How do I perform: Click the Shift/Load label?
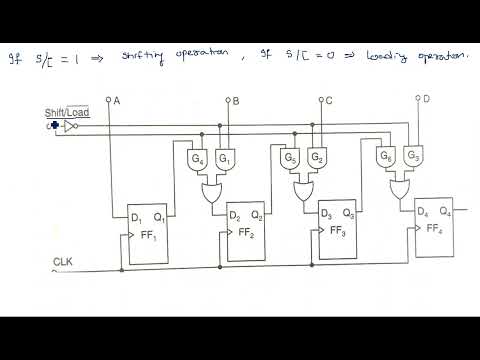pos(67,112)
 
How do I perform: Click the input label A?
pos(117,101)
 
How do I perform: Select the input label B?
pos(235,101)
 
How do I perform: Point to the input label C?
pos(328,101)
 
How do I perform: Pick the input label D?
pos(426,99)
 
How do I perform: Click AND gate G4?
pos(197,160)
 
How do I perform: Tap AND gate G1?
pos(224,160)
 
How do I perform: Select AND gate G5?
pos(291,159)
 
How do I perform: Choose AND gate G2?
pos(316,159)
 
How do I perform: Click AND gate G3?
pos(412,158)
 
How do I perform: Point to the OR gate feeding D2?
pos(212,192)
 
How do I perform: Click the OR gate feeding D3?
pos(304,189)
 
